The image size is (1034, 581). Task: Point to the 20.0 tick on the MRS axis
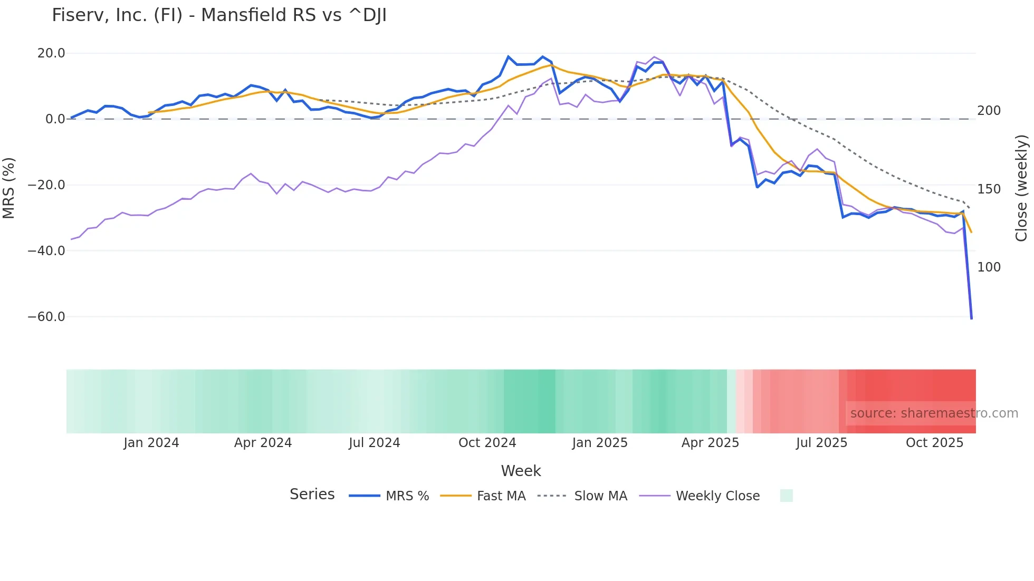(x=51, y=53)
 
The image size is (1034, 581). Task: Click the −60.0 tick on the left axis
(x=46, y=317)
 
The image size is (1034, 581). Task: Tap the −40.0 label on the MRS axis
(x=46, y=251)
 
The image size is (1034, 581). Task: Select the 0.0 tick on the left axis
(x=55, y=119)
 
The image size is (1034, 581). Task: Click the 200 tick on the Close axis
(x=989, y=111)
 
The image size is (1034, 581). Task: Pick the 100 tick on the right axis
(x=989, y=267)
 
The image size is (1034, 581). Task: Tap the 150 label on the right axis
(x=989, y=189)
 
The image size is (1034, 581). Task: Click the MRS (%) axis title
(x=9, y=188)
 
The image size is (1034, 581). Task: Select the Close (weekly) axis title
(x=1021, y=188)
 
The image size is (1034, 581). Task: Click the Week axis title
(x=521, y=471)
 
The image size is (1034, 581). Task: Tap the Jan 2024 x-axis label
(x=151, y=443)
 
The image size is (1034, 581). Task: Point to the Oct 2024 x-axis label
(x=487, y=443)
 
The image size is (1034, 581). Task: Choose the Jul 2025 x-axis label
(x=821, y=443)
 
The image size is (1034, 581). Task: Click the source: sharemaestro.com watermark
(x=934, y=413)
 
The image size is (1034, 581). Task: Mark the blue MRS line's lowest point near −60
(x=971, y=318)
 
